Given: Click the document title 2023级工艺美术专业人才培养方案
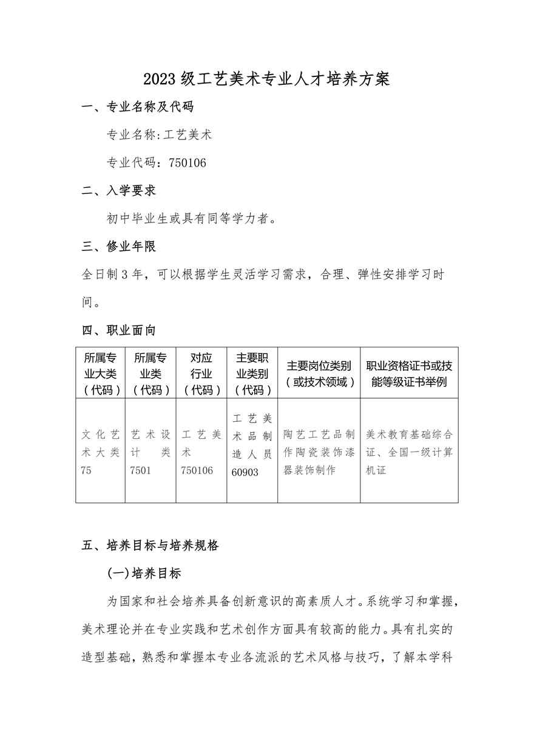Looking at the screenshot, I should click(x=267, y=79).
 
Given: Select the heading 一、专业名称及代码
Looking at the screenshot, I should click(x=138, y=108).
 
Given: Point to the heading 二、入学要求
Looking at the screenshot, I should click(x=119, y=191).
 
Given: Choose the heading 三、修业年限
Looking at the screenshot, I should click(x=119, y=247).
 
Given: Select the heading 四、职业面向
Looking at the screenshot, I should click(x=119, y=330).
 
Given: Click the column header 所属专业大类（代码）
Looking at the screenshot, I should click(x=101, y=373).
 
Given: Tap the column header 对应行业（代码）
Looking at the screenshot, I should click(x=201, y=373).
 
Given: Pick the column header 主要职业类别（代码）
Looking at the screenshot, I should click(x=252, y=373).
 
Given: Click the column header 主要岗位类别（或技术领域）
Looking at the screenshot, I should click(x=319, y=373).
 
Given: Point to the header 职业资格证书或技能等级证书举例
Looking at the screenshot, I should click(x=409, y=373).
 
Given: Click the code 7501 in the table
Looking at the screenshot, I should click(x=141, y=470).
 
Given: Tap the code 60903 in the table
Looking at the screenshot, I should click(x=245, y=472).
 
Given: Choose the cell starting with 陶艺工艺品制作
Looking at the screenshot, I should click(x=319, y=452).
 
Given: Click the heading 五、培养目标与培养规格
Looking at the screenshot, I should click(x=150, y=545).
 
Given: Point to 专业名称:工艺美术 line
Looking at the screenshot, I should click(x=159, y=135).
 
